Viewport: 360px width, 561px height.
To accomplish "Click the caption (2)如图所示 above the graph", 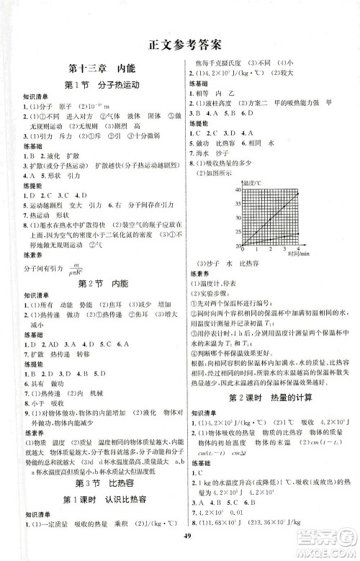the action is point(210,174).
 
